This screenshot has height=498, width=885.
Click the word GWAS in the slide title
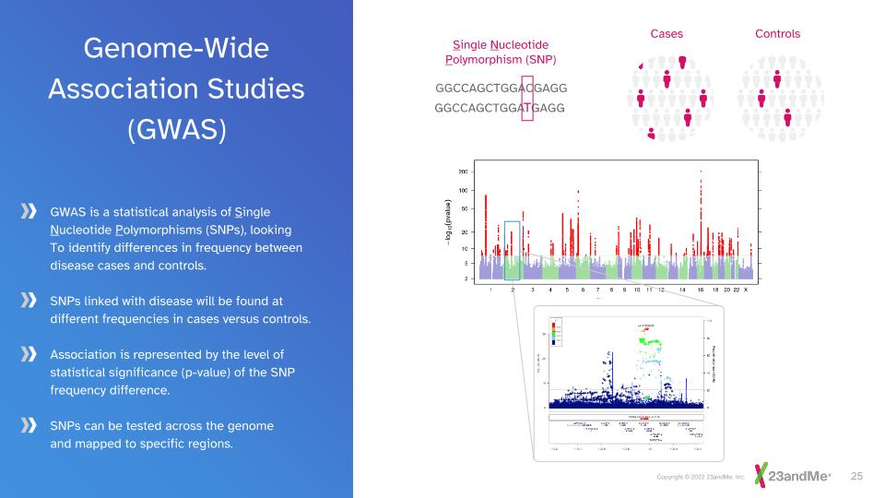pos(176,130)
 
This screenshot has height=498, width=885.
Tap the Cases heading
pos(667,34)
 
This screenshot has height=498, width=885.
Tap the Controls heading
pos(777,34)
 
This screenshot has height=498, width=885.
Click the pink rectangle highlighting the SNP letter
pos(527,98)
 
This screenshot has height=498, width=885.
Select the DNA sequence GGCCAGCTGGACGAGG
pos(501,88)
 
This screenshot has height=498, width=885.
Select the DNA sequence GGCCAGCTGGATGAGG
pos(499,108)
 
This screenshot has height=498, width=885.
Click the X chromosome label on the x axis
pos(745,290)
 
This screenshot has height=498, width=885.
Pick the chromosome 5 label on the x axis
pos(566,290)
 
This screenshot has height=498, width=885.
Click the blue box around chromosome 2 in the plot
pos(513,249)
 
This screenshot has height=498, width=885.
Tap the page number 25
pos(855,476)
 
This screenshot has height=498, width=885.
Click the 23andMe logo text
pos(798,476)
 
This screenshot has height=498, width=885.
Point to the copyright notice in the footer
pos(700,477)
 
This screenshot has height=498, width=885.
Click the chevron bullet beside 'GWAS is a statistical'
pos(29,212)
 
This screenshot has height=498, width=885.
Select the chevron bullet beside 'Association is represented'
pos(29,354)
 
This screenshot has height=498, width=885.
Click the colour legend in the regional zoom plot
pos(556,329)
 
